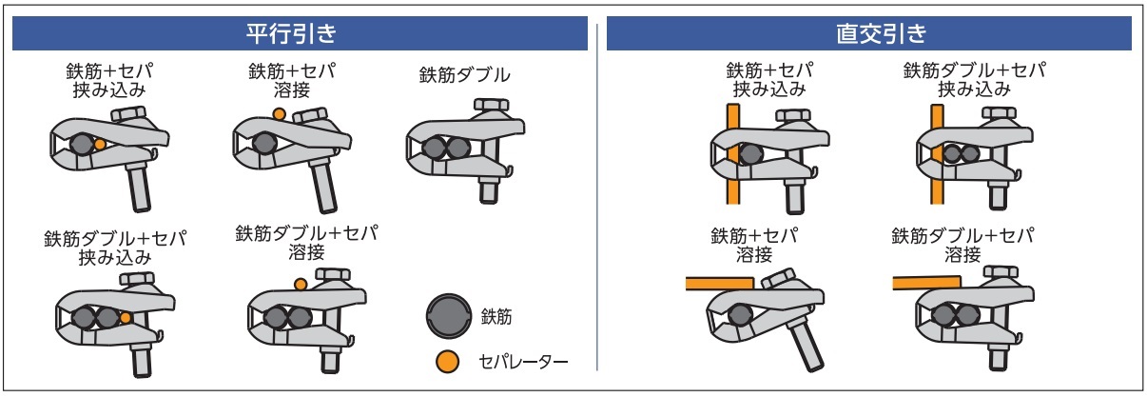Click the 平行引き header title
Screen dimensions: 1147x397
tap(291, 34)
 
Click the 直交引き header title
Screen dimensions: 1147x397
tap(882, 34)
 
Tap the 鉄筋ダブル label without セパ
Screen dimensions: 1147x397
tap(464, 75)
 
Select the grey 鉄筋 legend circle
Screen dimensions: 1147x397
tap(449, 315)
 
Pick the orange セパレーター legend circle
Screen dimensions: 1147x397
tap(448, 362)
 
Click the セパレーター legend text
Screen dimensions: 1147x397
tap(523, 362)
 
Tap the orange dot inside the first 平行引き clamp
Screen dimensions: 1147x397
tap(100, 145)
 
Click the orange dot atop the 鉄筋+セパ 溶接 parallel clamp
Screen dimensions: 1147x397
tap(279, 113)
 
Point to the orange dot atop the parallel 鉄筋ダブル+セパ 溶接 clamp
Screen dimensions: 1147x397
tap(301, 285)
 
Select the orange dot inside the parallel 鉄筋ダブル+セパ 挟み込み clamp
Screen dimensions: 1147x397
tap(126, 318)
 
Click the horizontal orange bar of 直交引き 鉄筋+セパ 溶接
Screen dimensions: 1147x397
tap(720, 284)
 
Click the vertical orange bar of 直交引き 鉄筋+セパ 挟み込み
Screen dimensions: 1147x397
tap(733, 154)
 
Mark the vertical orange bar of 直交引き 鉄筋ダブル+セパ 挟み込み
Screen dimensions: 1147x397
tap(937, 154)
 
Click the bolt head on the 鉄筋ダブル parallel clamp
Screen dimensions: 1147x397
tap(491, 106)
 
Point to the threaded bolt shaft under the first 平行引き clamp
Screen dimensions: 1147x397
tap(139, 187)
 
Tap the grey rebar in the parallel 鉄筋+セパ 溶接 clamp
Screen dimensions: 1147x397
tap(264, 144)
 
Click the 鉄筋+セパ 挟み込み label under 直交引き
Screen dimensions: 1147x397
tap(769, 79)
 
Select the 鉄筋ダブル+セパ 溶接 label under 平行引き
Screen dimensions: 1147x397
tap(306, 243)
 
